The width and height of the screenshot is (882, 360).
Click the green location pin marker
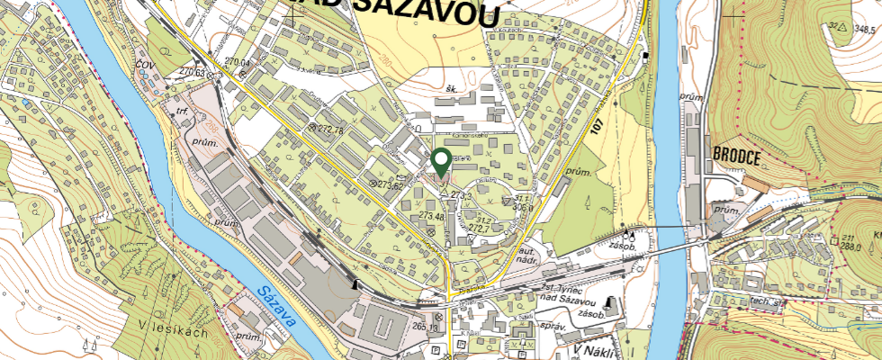441,162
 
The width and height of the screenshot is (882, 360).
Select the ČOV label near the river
143,66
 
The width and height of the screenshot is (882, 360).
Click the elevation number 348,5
865,29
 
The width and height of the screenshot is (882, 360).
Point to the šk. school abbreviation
453,88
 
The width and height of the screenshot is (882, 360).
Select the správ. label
549,321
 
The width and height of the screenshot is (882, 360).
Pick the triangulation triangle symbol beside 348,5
842,28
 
